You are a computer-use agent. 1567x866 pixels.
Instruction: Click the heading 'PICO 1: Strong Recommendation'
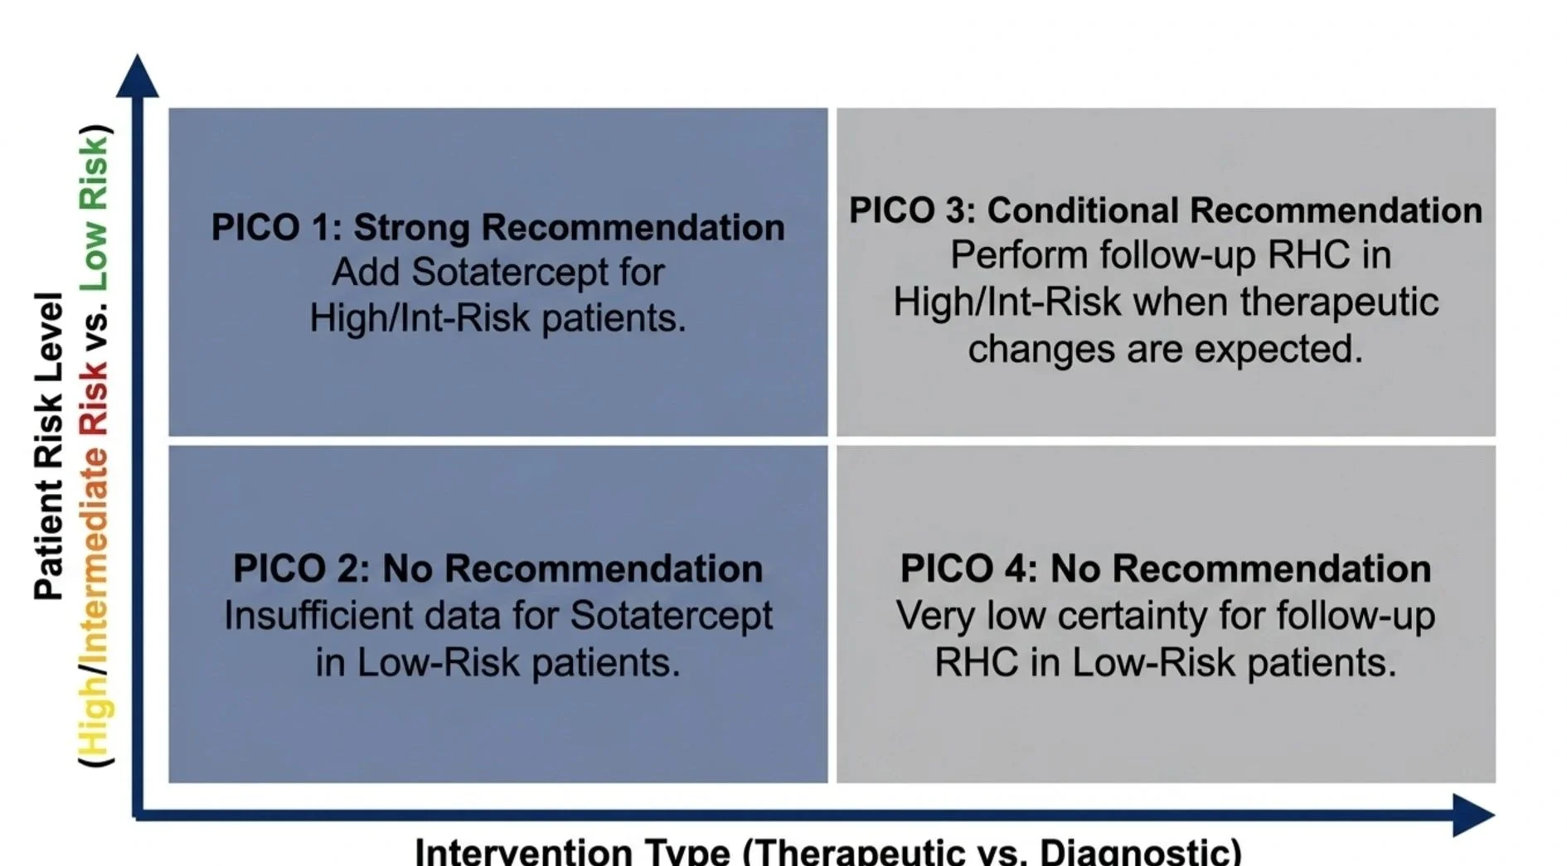pyautogui.click(x=497, y=228)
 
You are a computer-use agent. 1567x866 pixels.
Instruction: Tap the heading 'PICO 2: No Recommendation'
pyautogui.click(x=497, y=568)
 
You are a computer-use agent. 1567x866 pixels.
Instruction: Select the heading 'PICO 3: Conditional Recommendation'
pyautogui.click(x=1166, y=210)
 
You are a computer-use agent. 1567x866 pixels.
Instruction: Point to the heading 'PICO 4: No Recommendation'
pyautogui.click(x=1166, y=568)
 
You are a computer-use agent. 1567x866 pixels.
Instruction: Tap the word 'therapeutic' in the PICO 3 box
pyautogui.click(x=1339, y=302)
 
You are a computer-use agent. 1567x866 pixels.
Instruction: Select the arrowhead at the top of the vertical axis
pyautogui.click(x=137, y=75)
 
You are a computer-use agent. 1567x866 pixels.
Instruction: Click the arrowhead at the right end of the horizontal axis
pyautogui.click(x=1474, y=815)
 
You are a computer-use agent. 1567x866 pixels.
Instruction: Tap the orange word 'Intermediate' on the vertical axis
pyautogui.click(x=93, y=551)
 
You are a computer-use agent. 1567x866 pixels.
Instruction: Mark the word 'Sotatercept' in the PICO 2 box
pyautogui.click(x=672, y=616)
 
